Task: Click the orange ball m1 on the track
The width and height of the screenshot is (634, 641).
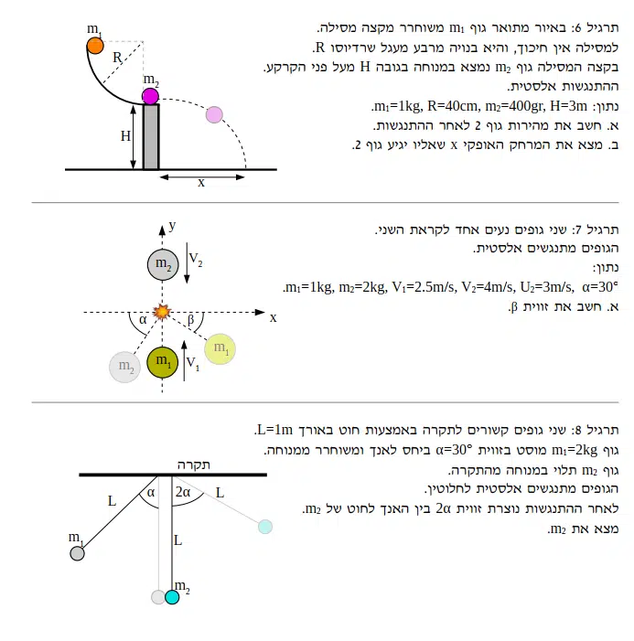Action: click(95, 45)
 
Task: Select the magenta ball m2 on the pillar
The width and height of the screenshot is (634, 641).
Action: click(151, 96)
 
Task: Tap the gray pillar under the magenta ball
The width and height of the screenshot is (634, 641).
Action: click(151, 137)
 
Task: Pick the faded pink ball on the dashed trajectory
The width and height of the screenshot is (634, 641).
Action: click(214, 114)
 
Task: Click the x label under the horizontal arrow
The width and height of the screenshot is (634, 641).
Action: click(201, 183)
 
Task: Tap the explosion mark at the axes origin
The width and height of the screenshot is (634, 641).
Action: click(163, 313)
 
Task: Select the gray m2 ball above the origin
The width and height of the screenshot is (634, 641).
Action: click(162, 265)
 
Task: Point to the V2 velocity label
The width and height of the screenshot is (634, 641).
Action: click(196, 261)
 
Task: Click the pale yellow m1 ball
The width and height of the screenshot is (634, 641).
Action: click(220, 348)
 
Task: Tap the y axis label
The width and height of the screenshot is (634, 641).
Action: click(171, 223)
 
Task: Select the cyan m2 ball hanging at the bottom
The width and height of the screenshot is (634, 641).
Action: click(172, 597)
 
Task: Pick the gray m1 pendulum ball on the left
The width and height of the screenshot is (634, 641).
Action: click(78, 551)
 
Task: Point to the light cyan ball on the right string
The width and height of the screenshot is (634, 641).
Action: click(264, 527)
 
